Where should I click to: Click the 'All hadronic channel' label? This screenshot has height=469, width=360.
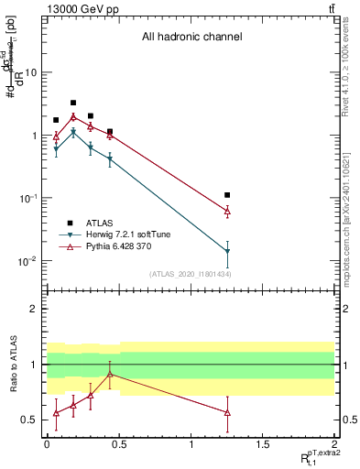(x=191, y=38)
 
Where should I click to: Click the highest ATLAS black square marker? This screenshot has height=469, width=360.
(x=73, y=103)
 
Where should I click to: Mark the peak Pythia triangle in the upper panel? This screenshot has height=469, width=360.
(x=73, y=117)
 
